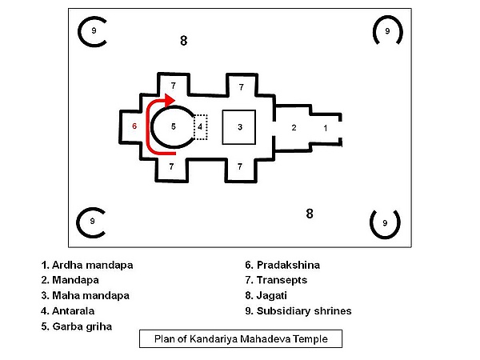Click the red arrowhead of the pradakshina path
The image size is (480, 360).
point(170,100)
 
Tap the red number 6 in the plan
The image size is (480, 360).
point(134,126)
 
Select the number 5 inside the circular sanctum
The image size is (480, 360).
point(174,126)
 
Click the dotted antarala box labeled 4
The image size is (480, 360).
point(201,127)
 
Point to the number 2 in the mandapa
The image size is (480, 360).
point(294,128)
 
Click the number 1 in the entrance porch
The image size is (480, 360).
point(326,128)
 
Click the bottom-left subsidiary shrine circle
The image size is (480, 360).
point(77,222)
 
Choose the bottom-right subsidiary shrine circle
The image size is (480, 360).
point(385,238)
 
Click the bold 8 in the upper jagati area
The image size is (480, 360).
point(184,41)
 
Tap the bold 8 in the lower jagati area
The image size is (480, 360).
point(310,214)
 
